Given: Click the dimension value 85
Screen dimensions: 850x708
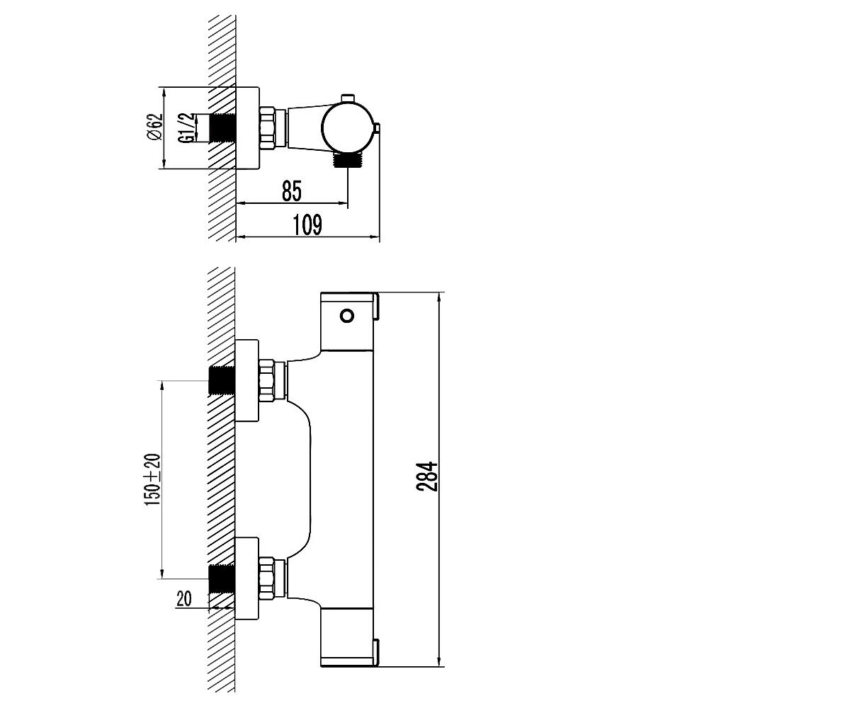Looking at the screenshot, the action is point(292,190).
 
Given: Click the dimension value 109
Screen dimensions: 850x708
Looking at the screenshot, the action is point(307,224).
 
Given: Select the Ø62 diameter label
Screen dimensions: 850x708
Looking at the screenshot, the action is point(154,127).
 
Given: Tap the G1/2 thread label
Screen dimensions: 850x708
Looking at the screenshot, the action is point(186,127).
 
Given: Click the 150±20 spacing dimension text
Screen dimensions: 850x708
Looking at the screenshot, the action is point(153,479).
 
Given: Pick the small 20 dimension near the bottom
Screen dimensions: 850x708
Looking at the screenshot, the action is point(184,598).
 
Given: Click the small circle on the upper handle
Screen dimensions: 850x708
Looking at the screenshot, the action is point(347,316).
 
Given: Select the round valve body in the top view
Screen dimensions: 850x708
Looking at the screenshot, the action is point(347,128).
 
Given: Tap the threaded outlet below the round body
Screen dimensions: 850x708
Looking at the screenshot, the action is point(347,160).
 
